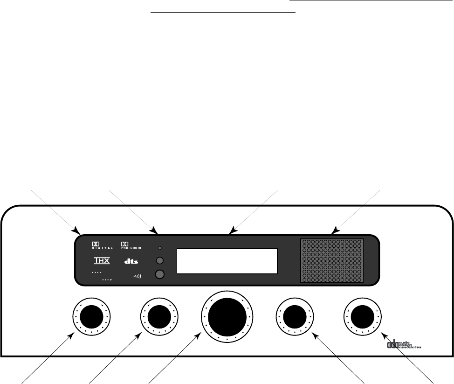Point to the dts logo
point(131,261)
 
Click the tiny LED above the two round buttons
point(160,248)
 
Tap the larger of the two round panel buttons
point(160,274)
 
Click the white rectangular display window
point(227,261)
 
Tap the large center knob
point(227,317)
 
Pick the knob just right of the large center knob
point(294,317)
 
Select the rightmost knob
point(361,317)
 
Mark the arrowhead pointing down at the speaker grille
point(335,230)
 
